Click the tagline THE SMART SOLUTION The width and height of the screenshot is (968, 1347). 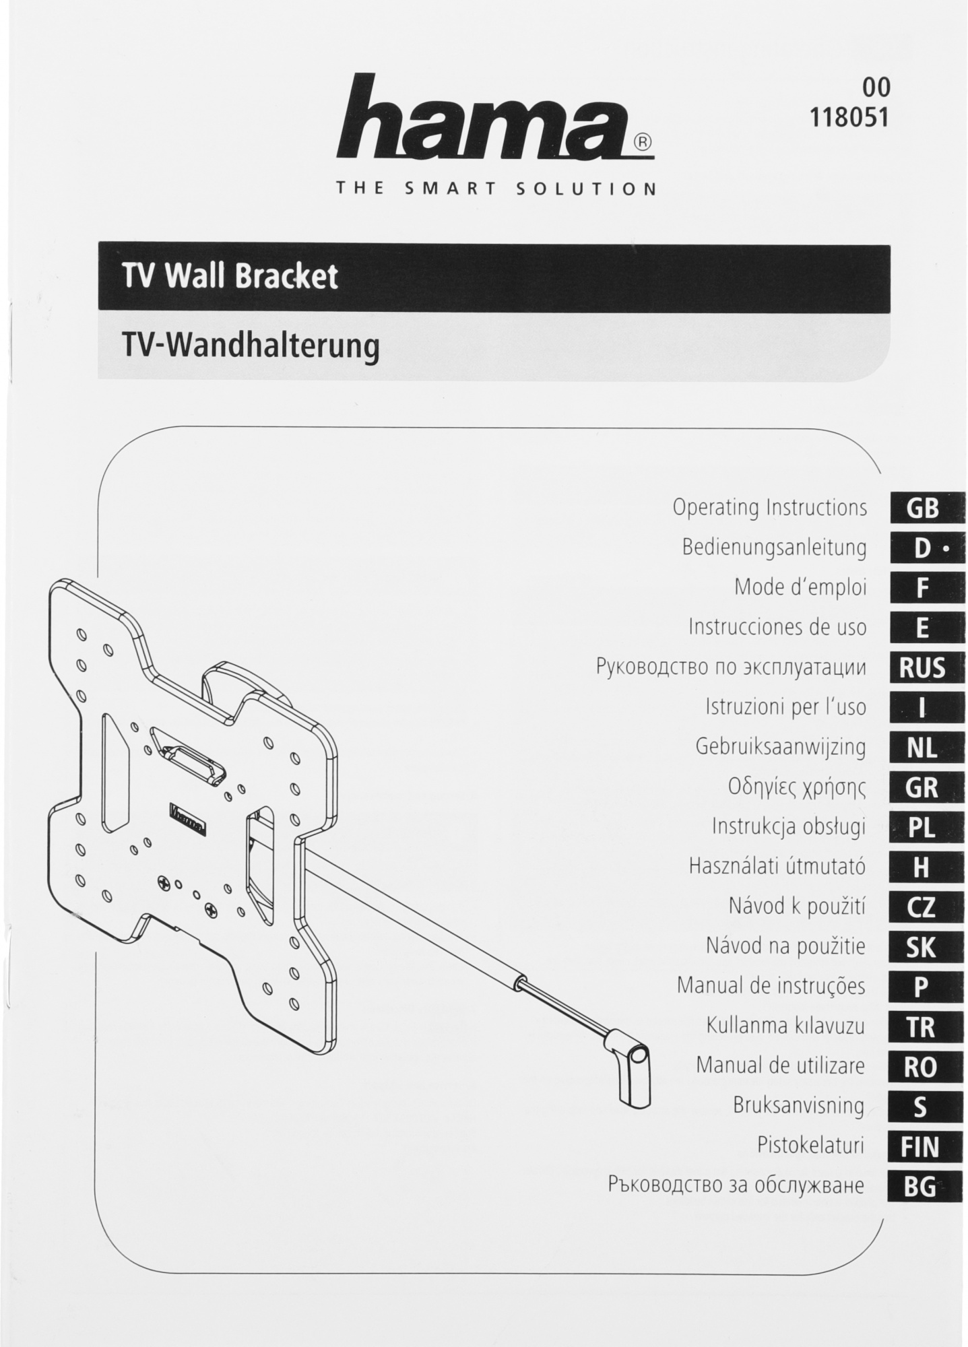click(x=496, y=189)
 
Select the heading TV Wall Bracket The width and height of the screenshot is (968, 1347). click(x=230, y=277)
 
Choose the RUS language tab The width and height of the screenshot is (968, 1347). click(x=922, y=669)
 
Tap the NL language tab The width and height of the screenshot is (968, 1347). click(x=922, y=748)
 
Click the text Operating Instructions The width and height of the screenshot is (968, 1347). click(x=769, y=508)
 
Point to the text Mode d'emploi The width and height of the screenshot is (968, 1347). click(x=800, y=587)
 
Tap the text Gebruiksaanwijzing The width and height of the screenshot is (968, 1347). click(x=780, y=748)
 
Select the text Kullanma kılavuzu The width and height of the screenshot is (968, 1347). click(x=785, y=1026)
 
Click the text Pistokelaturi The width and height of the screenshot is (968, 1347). click(x=810, y=1146)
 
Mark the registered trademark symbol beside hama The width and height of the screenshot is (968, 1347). click(x=643, y=143)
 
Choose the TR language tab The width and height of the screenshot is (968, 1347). click(x=921, y=1028)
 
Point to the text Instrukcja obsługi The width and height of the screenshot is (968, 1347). click(x=788, y=827)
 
